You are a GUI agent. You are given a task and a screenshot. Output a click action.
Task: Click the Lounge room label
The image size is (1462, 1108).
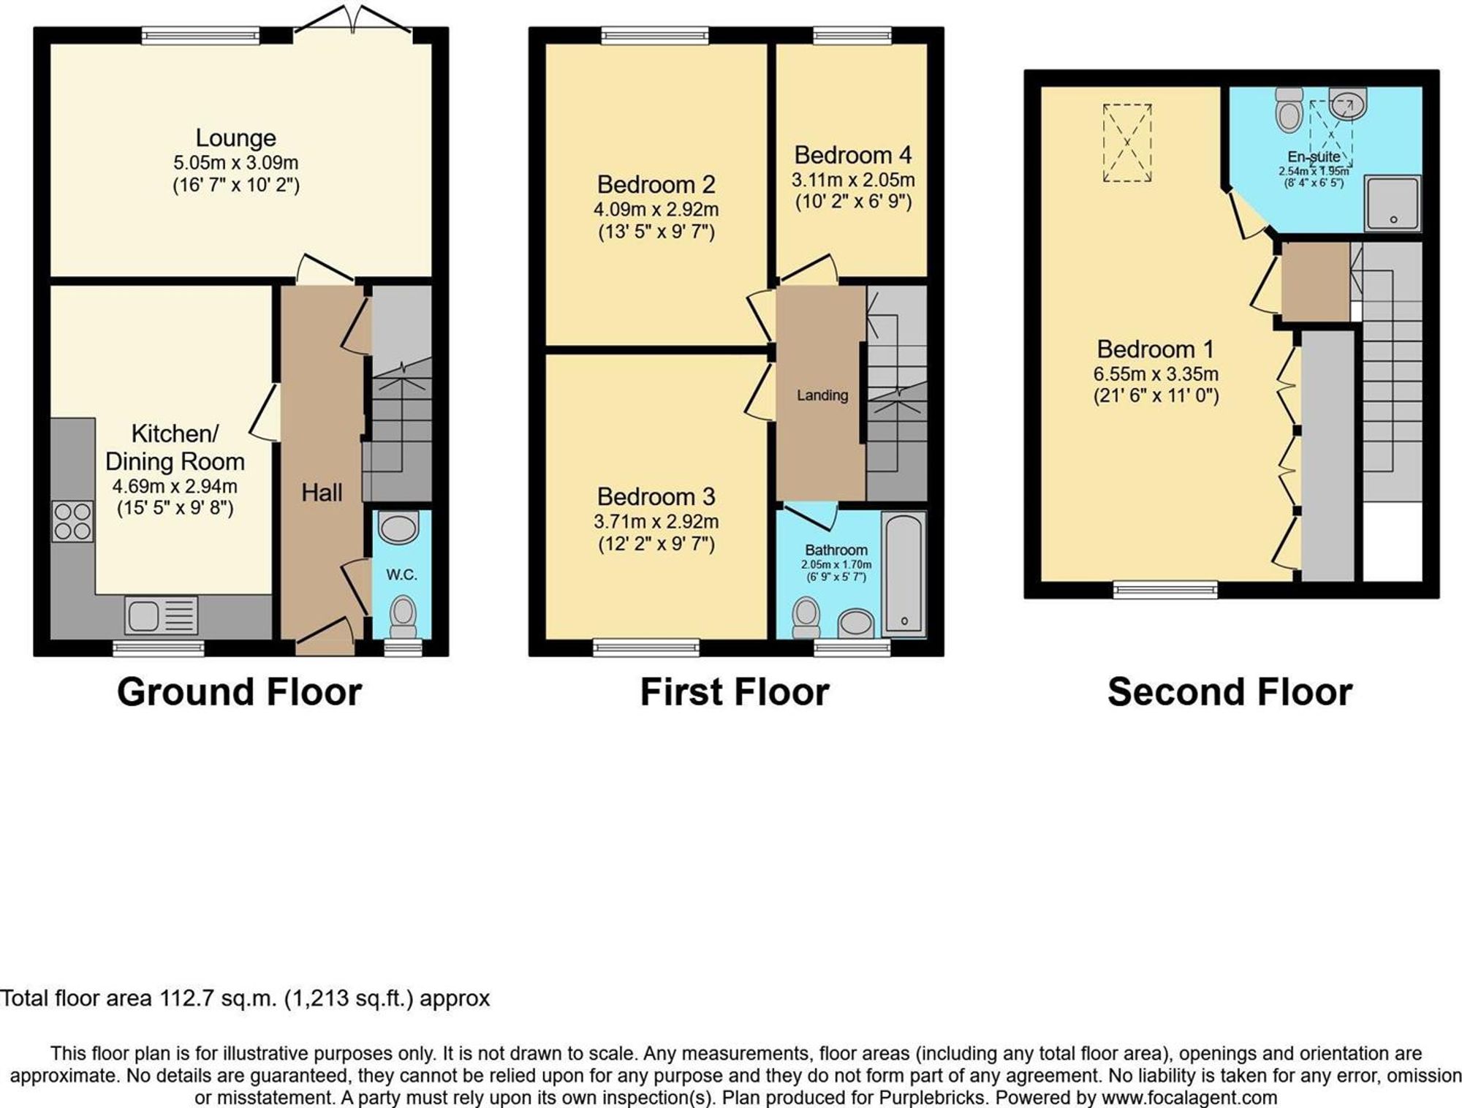coord(235,137)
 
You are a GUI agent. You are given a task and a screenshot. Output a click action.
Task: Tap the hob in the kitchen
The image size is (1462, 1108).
coord(72,521)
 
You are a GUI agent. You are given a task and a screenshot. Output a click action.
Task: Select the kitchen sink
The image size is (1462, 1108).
coord(161,615)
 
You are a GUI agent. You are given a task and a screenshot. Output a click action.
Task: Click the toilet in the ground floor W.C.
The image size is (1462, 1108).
coord(402,617)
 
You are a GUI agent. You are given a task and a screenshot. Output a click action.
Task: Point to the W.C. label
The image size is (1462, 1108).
coord(401,575)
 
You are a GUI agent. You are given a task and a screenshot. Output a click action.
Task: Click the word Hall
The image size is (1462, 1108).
coord(322,493)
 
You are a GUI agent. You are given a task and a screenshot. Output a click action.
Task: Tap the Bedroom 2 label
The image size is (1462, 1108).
coord(656,184)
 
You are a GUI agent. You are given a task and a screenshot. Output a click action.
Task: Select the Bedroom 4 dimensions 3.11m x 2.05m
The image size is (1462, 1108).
coord(853,180)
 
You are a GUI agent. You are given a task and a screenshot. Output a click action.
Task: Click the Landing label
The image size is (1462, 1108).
coord(822,395)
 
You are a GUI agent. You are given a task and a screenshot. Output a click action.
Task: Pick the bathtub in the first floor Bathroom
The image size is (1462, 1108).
coord(904,573)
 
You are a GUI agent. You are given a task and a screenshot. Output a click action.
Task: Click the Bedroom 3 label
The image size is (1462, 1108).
coord(656,496)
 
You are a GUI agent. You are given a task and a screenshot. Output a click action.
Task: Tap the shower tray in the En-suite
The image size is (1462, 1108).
coord(1393,202)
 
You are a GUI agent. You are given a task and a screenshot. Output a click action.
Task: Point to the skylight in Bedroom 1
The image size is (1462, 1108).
coord(1127,143)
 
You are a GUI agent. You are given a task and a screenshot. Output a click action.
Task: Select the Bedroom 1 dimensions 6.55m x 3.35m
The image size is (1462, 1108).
coord(1156,374)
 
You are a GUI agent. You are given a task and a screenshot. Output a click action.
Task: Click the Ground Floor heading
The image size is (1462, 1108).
coord(239,691)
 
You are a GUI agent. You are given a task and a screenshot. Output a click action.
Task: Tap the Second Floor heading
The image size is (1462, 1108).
coord(1230,691)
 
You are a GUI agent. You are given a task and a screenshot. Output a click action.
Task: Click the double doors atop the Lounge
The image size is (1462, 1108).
coord(352,18)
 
